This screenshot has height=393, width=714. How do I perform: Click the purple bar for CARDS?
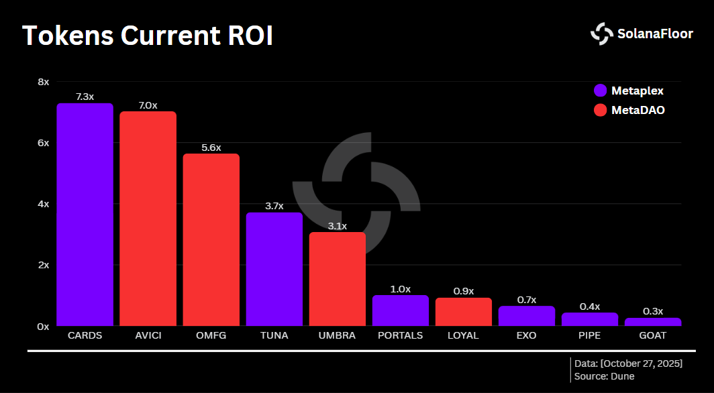[x=85, y=215]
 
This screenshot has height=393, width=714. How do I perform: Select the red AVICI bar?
[x=148, y=219]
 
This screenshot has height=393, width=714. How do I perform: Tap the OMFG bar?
[x=211, y=240]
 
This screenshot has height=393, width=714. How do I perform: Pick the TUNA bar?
[x=274, y=269]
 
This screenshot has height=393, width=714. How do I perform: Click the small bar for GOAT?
[x=652, y=322]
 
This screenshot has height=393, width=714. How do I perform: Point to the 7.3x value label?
[x=85, y=97]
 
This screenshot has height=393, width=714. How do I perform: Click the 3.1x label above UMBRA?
[x=337, y=226]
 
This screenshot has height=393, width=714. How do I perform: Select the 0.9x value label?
[x=463, y=291]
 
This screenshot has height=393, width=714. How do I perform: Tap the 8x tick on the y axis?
[x=44, y=82]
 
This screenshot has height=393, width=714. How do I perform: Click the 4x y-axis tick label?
[x=44, y=204]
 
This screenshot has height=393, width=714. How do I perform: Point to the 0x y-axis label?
[x=44, y=326]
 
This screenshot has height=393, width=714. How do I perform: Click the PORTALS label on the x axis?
[x=400, y=335]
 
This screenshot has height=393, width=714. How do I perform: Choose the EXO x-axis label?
[x=526, y=335]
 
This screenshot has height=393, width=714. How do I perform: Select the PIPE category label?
[x=589, y=335]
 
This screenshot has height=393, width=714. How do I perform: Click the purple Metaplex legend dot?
[x=600, y=91]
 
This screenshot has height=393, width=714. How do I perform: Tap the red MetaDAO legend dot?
[x=600, y=109]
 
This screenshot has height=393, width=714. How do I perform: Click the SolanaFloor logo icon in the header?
[x=601, y=34]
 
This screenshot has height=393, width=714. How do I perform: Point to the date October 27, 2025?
[x=641, y=363]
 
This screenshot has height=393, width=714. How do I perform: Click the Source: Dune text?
[x=605, y=376]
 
